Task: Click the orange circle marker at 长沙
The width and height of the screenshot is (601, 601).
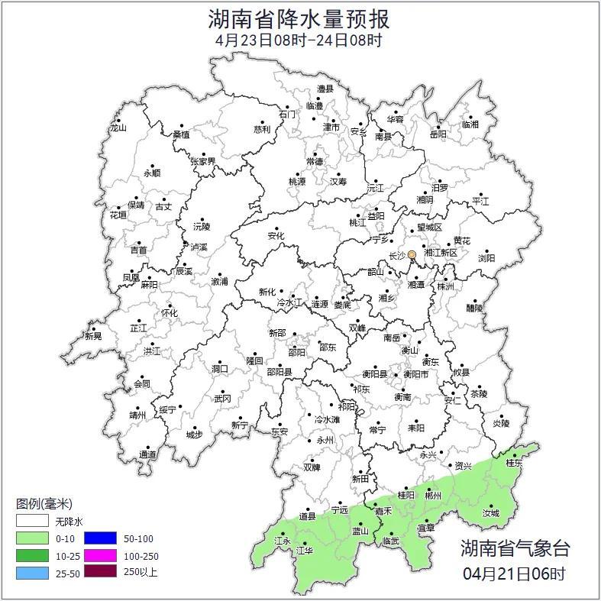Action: point(412,254)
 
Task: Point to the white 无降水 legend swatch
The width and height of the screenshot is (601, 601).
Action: point(33,522)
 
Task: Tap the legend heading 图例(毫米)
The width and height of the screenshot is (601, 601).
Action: point(44,504)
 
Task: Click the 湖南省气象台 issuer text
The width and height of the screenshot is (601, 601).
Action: point(515,548)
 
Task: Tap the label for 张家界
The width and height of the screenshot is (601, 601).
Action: point(202,162)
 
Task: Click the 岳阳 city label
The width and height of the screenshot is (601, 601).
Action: point(438,134)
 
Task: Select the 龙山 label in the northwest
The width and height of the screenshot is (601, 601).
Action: point(118,128)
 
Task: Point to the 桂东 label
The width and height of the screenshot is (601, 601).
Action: point(515,463)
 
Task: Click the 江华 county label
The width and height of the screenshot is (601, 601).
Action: point(305,550)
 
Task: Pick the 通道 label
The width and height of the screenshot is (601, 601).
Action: point(147,455)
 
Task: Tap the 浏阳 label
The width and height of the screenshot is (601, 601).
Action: point(486,258)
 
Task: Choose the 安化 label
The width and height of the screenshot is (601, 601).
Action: point(276,236)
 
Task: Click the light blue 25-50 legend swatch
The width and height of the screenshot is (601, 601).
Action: point(33,570)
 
